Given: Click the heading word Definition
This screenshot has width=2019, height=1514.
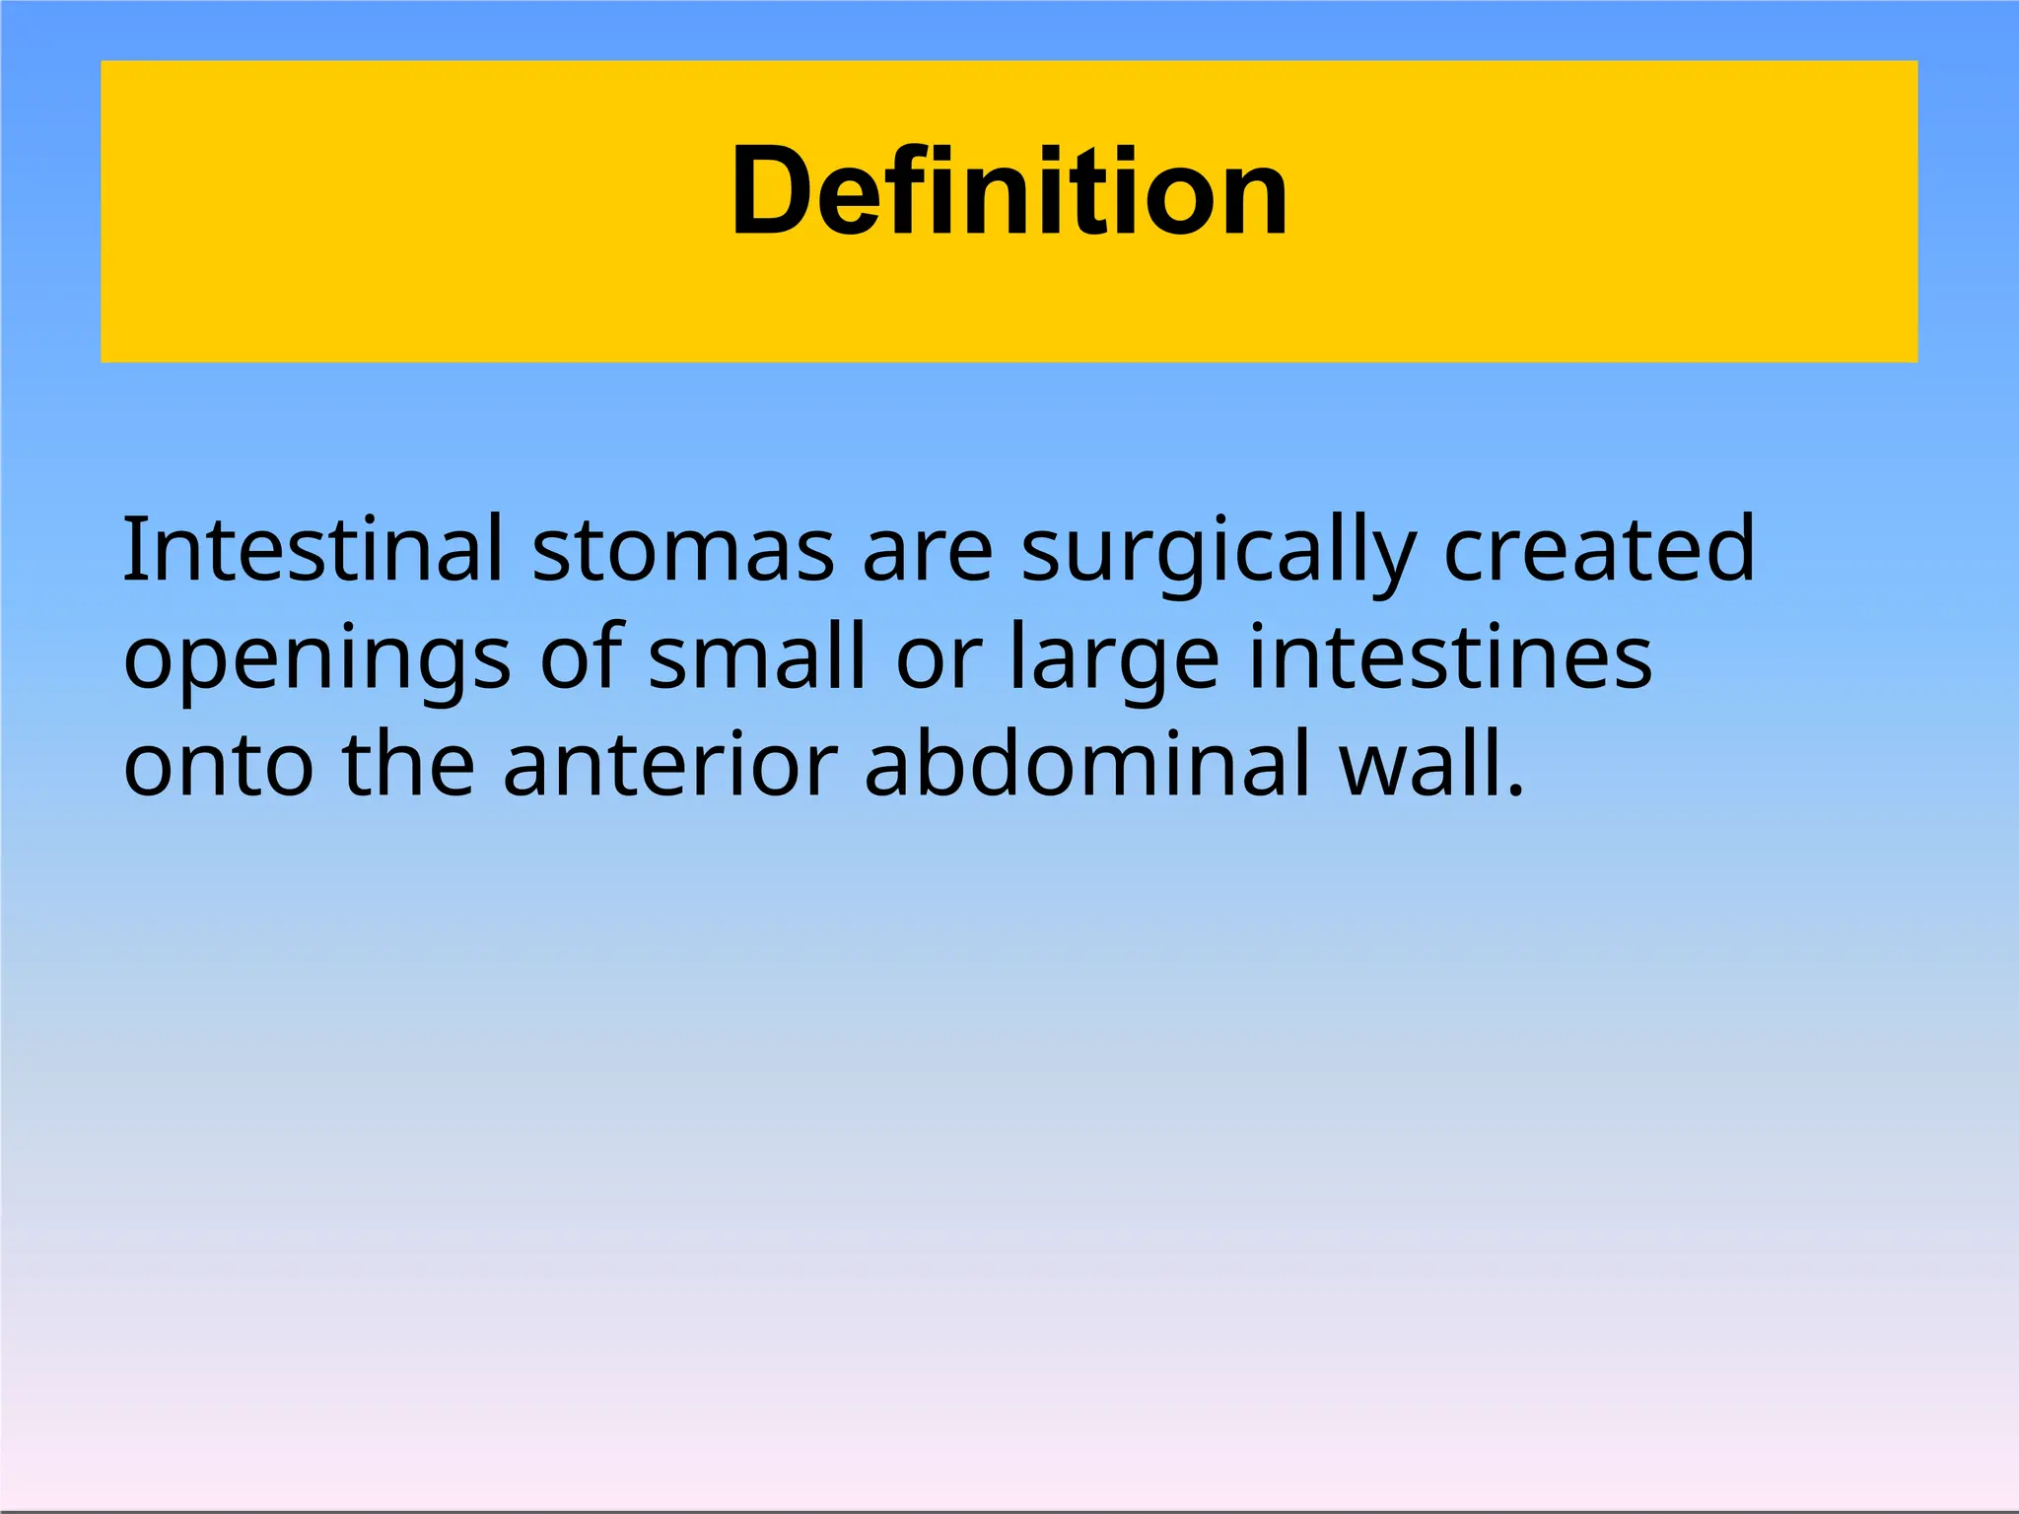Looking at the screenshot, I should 1009,192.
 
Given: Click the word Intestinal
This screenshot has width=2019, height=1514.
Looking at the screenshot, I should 313,549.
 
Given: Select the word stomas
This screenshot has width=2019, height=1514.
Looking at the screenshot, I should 683,551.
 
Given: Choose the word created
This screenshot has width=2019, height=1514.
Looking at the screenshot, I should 1598,549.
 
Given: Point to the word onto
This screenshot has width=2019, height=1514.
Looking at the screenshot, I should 218,766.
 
